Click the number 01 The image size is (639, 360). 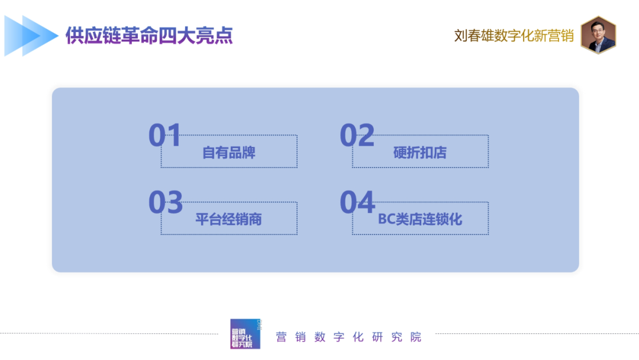coord(164,136)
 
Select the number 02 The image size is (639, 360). coord(357,136)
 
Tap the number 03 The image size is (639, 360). coord(165,202)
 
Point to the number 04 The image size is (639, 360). coord(357,202)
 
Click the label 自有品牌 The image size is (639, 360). coord(228,153)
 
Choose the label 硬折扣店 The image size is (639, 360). coord(420,153)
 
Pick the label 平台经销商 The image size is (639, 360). coord(228,220)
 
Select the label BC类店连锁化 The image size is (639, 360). coord(420,220)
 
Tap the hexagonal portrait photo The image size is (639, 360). coord(598,35)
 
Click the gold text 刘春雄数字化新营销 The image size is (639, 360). coord(514,36)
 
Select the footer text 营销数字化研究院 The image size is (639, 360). coord(349,337)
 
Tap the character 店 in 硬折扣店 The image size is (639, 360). coord(440,153)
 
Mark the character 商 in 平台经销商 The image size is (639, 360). coord(254,220)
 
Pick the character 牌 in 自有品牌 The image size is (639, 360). coord(248,153)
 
